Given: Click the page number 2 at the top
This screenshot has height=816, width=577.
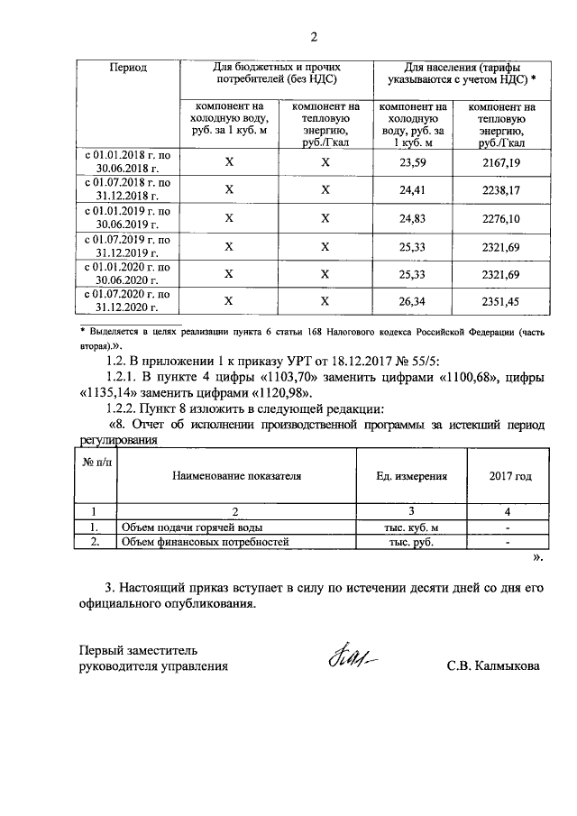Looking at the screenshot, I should (x=314, y=37).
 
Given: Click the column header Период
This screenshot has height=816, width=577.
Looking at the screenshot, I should (x=128, y=67).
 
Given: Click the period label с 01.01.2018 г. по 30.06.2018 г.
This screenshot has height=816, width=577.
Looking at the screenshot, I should (x=128, y=162).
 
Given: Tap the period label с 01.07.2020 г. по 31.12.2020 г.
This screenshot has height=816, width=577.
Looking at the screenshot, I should (x=128, y=301).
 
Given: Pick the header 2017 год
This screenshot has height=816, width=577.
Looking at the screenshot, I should (x=510, y=474).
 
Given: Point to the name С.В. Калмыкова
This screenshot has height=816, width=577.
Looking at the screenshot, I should (x=493, y=666).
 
